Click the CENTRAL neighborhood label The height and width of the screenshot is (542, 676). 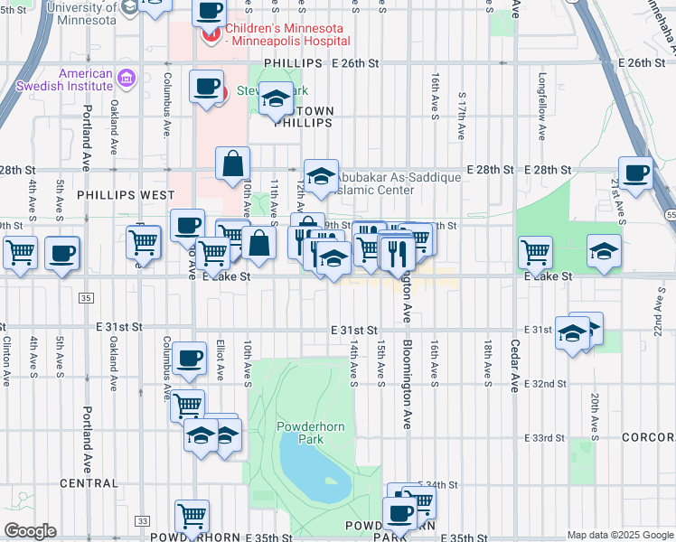[x=89, y=483]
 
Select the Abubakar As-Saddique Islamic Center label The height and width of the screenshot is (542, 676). [x=390, y=184]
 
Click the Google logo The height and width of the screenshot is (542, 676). [x=29, y=531]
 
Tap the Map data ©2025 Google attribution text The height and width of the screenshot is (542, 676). [x=620, y=535]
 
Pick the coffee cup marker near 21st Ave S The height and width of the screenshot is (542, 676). [x=635, y=174]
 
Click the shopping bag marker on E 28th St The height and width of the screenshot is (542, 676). [x=233, y=164]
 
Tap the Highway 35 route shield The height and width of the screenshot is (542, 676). [x=86, y=297]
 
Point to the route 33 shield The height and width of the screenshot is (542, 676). [x=142, y=521]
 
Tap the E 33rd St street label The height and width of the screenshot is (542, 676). [x=545, y=437]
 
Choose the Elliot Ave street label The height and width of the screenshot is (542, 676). [x=220, y=360]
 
